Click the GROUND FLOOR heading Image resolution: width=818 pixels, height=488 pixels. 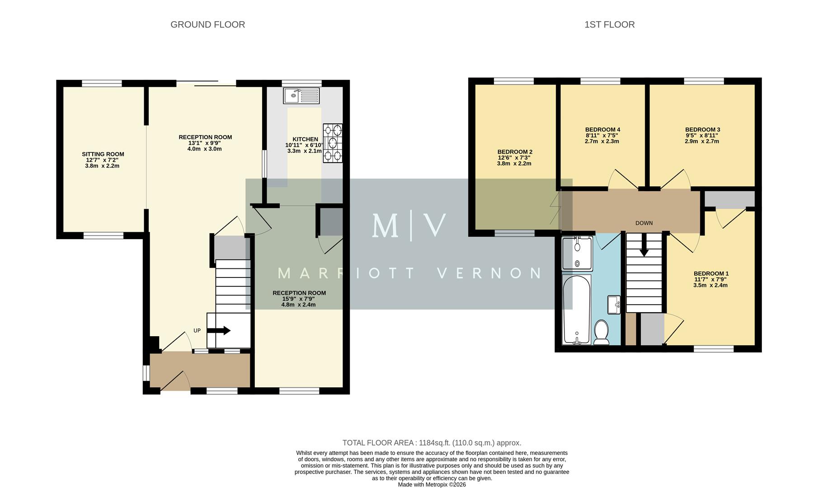(207, 25)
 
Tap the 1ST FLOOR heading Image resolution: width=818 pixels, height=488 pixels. (609, 25)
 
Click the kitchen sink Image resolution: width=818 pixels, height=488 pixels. (301, 96)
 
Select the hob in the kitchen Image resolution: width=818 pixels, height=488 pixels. (333, 143)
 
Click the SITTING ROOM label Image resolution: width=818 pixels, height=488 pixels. (103, 154)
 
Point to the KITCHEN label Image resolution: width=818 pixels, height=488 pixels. (305, 139)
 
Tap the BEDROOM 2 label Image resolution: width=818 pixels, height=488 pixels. (515, 152)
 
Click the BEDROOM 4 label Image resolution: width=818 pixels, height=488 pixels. (602, 130)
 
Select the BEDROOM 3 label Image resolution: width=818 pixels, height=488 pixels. (702, 130)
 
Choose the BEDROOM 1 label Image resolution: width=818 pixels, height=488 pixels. (711, 273)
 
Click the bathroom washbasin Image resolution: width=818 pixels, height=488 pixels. (614, 304)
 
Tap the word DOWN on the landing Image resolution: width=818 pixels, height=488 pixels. (644, 223)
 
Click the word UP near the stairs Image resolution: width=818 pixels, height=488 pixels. (197, 331)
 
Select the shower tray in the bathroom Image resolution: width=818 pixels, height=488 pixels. (577, 253)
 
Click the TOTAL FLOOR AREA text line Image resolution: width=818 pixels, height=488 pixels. (432, 443)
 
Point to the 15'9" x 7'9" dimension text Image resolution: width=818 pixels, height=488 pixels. (298, 299)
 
